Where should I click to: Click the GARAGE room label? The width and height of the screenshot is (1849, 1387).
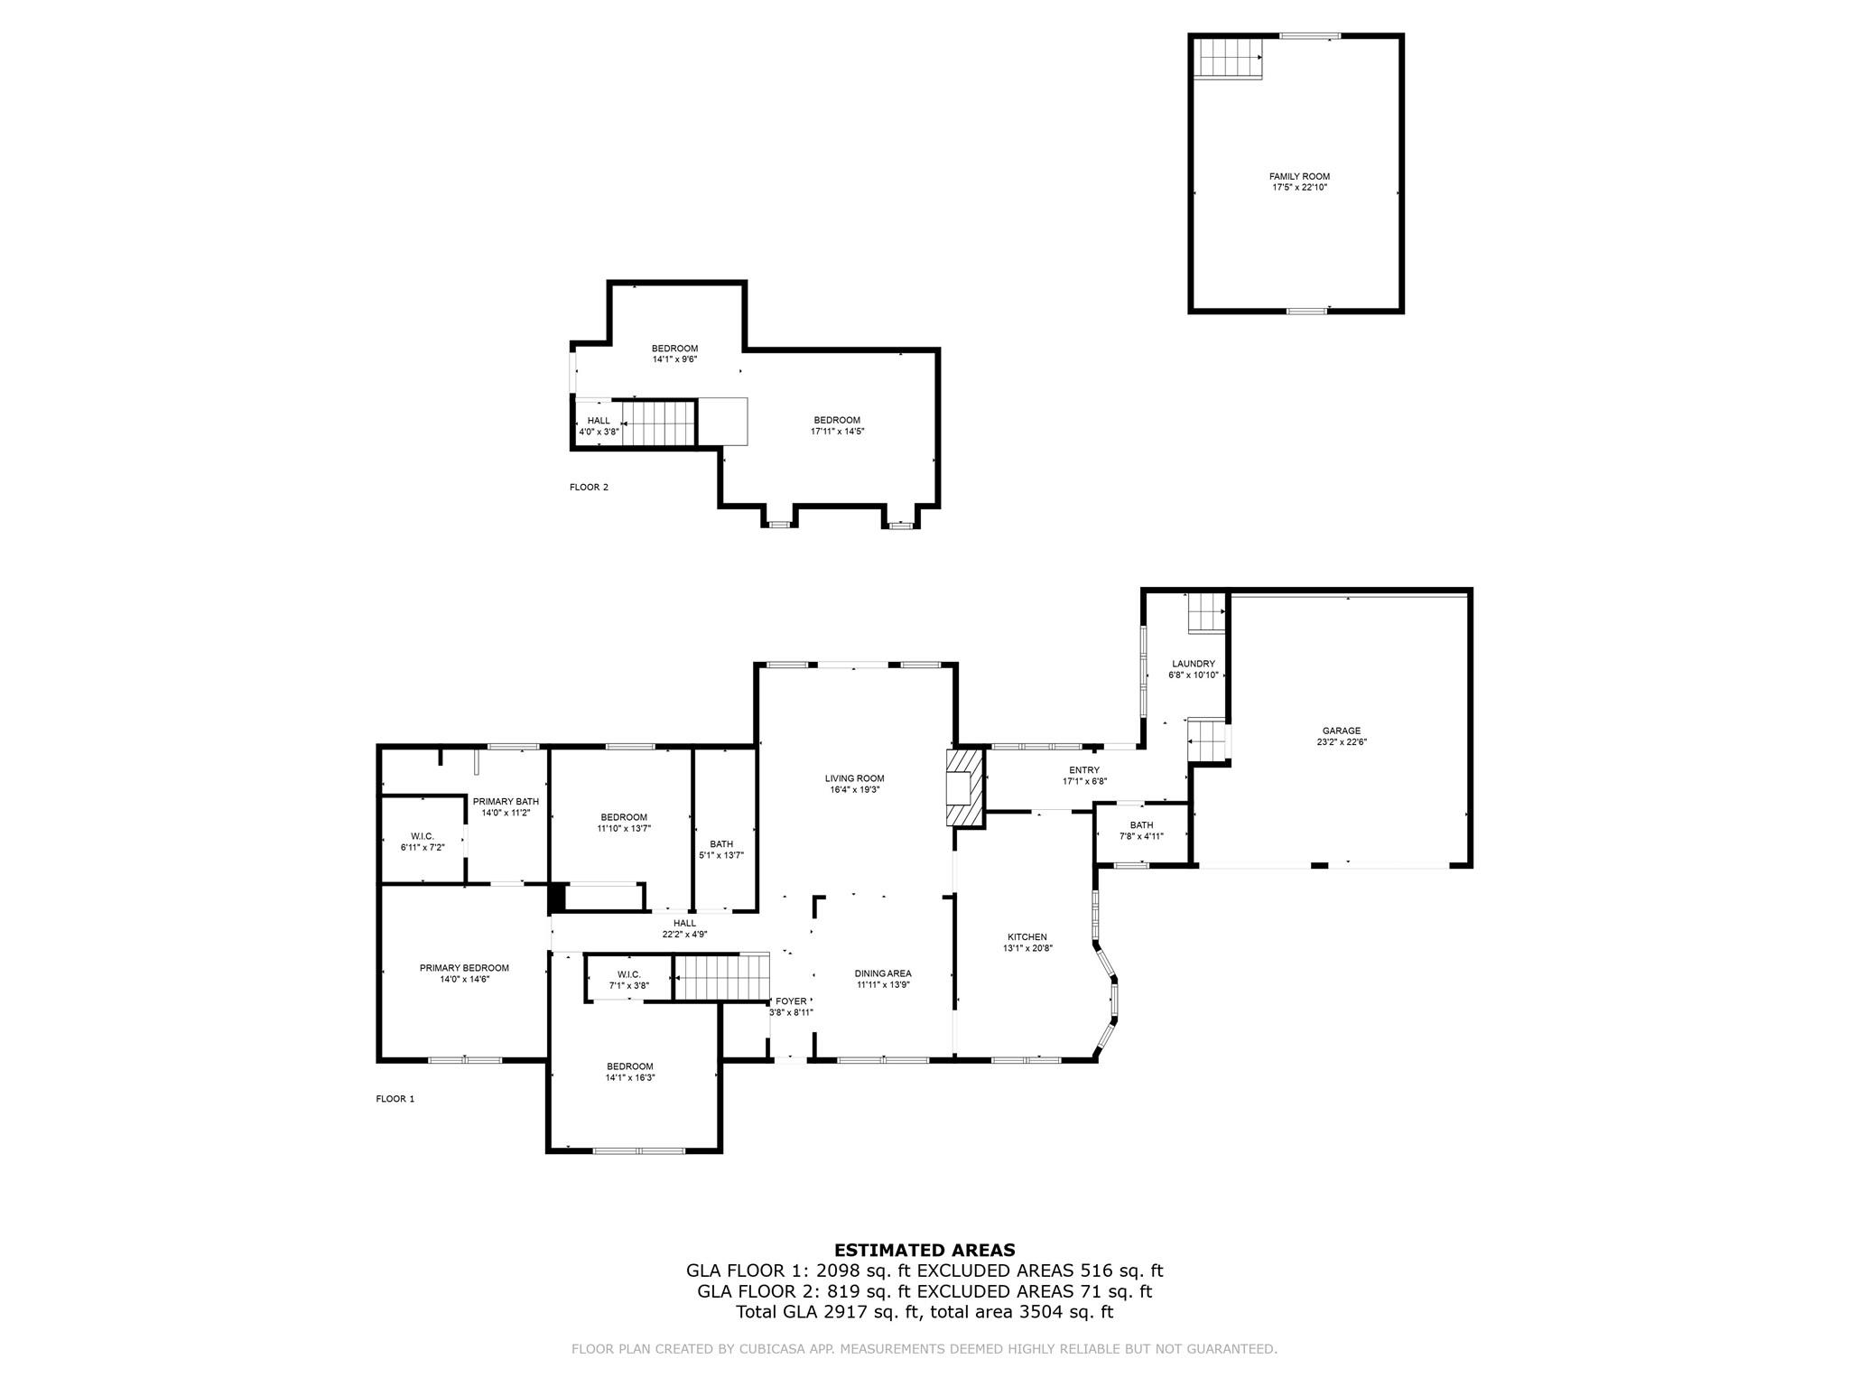pyautogui.click(x=1341, y=731)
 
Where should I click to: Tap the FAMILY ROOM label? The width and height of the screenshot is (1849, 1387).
pyautogui.click(x=1299, y=176)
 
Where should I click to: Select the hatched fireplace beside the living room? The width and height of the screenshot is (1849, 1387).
pyautogui.click(x=964, y=787)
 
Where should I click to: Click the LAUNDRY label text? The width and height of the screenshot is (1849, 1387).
pyautogui.click(x=1193, y=664)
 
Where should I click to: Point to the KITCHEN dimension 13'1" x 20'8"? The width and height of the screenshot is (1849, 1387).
pyautogui.click(x=1027, y=948)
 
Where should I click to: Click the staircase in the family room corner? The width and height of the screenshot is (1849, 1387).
pyautogui.click(x=1227, y=59)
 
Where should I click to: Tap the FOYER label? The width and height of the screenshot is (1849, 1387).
pyautogui.click(x=791, y=1001)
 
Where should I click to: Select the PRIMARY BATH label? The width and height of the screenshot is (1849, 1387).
pyautogui.click(x=506, y=801)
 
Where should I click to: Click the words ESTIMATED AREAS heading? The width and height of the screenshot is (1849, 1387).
pyautogui.click(x=924, y=1250)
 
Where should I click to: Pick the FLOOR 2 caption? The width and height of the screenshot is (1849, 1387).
pyautogui.click(x=589, y=488)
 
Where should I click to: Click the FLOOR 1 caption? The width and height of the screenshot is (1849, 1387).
pyautogui.click(x=395, y=1099)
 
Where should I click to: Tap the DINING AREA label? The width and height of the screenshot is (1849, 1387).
pyautogui.click(x=883, y=973)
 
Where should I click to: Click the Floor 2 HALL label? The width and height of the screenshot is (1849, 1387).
pyautogui.click(x=599, y=421)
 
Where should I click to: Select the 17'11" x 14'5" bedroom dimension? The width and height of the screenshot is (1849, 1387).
pyautogui.click(x=837, y=432)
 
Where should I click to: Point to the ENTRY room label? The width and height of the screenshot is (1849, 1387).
pyautogui.click(x=1084, y=770)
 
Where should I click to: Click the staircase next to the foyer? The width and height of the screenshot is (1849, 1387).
pyautogui.click(x=721, y=978)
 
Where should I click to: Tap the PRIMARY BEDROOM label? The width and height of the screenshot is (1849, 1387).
pyautogui.click(x=464, y=968)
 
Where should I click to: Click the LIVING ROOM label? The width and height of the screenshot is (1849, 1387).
pyautogui.click(x=854, y=778)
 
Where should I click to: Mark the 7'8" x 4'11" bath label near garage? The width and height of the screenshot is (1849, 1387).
pyautogui.click(x=1141, y=836)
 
